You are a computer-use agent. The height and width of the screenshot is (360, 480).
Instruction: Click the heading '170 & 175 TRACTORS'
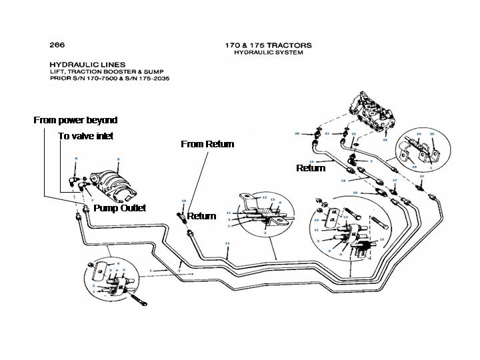(269, 45)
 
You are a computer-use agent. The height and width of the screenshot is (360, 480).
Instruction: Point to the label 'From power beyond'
(75, 121)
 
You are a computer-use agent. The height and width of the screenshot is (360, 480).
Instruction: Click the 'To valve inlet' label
(85, 136)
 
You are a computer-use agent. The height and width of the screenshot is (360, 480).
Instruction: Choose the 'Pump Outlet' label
(119, 208)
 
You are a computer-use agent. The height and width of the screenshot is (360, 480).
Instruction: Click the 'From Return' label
(207, 144)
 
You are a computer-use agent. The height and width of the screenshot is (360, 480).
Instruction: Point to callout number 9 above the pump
(118, 159)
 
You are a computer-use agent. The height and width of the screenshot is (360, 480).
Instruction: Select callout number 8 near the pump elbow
(77, 158)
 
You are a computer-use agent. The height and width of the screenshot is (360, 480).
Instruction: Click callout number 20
(297, 133)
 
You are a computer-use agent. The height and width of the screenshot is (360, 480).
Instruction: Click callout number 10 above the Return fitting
(183, 200)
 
